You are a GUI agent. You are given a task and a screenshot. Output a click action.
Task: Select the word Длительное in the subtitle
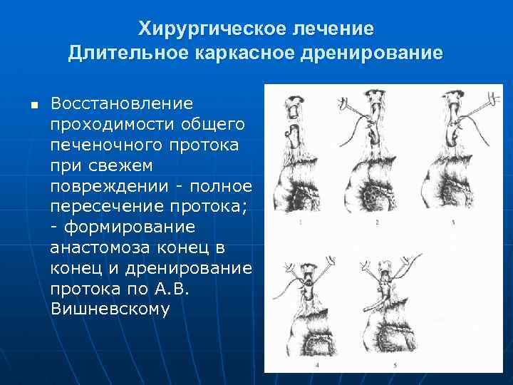pyautogui.click(x=116, y=53)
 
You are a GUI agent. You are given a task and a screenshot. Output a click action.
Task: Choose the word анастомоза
pyautogui.click(x=97, y=249)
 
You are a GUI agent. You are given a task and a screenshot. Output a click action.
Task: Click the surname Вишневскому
pyautogui.click(x=110, y=310)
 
